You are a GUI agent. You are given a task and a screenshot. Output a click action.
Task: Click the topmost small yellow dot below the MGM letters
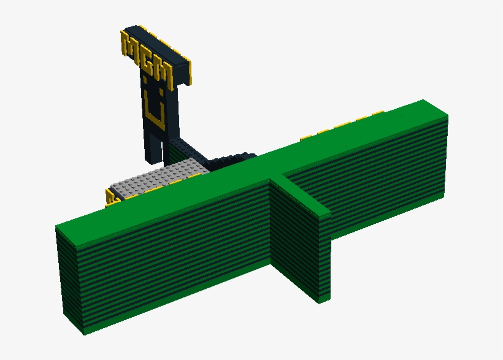pos(146,78)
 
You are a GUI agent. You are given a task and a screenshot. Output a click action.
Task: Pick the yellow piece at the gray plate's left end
pos(110,197)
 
